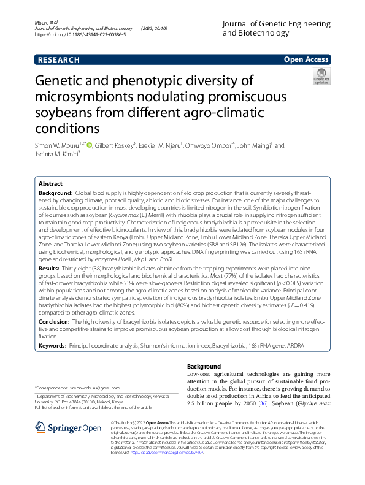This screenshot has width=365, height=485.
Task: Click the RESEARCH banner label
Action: click(x=58, y=60)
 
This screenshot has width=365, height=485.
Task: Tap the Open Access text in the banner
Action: click(x=307, y=60)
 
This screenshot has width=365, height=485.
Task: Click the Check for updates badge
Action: click(x=321, y=76)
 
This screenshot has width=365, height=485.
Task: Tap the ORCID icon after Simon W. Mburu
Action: click(x=89, y=146)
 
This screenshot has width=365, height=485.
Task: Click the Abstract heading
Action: click(x=50, y=184)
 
